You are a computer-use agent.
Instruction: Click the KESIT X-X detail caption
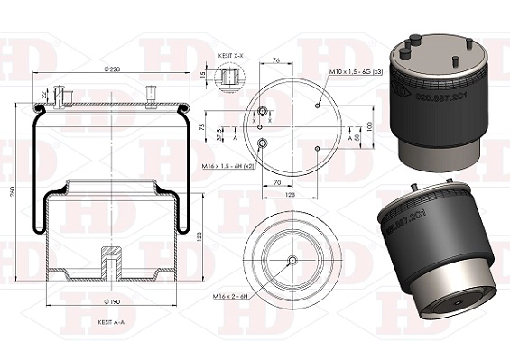pyautogui.click(x=231, y=56)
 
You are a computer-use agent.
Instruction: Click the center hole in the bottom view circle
pyautogui.click(x=291, y=259)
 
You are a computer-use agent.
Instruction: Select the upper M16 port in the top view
pyautogui.click(x=264, y=112)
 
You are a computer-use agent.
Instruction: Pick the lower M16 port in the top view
pyautogui.click(x=263, y=144)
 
